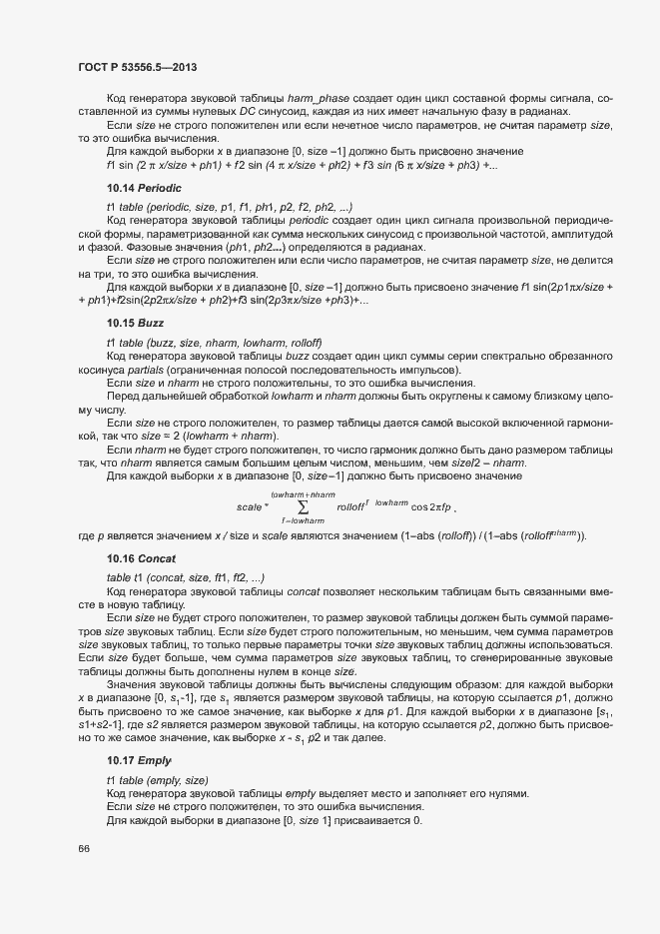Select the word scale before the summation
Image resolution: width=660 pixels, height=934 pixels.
tap(249, 507)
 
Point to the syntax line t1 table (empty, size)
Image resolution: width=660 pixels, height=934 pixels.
tap(172, 780)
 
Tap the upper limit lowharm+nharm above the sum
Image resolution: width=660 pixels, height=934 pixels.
tap(303, 494)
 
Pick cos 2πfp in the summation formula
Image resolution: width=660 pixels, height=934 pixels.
tap(429, 507)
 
